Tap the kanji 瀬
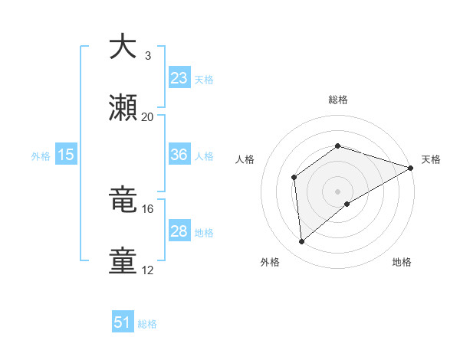(x=123, y=109)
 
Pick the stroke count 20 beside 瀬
(x=148, y=117)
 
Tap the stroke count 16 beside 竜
(x=148, y=208)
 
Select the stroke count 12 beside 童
(x=148, y=270)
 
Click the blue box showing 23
(x=179, y=78)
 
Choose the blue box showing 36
(x=179, y=155)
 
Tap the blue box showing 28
(x=179, y=231)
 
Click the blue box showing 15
(x=66, y=155)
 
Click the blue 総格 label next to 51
(x=147, y=324)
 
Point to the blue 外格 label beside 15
(x=41, y=155)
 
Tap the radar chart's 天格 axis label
(x=431, y=159)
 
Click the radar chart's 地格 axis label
(x=402, y=262)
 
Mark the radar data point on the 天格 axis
(x=411, y=168)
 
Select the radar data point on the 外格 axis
(x=302, y=242)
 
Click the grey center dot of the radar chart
(x=337, y=191)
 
